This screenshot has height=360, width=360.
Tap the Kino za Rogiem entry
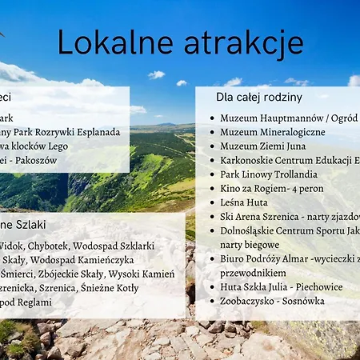coord(272,188)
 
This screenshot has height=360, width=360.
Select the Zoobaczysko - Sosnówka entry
coord(272,301)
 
